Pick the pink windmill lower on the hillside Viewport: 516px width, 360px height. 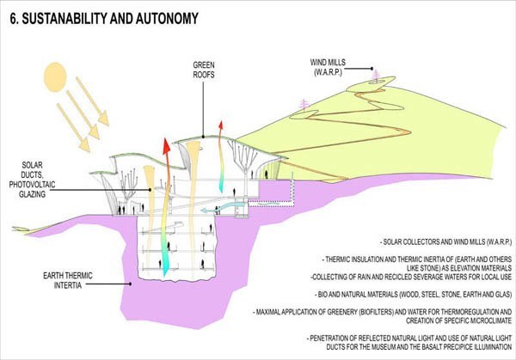[303, 104]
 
